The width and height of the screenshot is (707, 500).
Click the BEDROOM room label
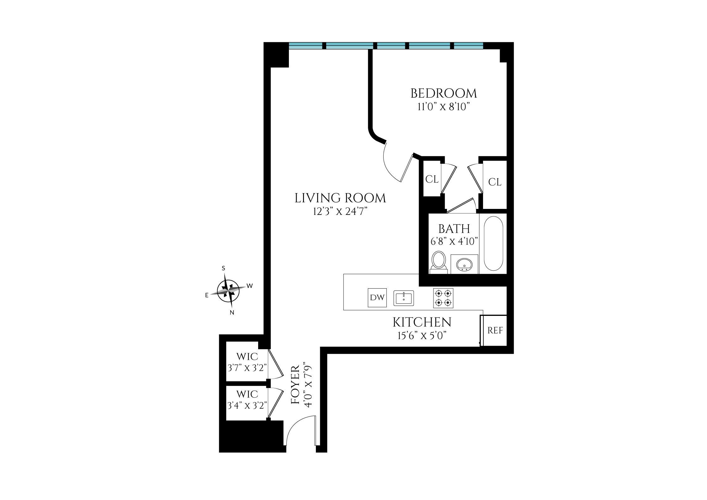click(x=444, y=93)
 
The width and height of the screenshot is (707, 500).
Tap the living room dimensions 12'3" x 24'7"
click(x=340, y=212)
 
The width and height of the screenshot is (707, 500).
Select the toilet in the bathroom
click(x=439, y=261)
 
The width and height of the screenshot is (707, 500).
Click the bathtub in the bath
click(x=493, y=243)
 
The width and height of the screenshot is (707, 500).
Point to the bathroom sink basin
click(x=464, y=264)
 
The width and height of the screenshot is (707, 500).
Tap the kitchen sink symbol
click(x=404, y=298)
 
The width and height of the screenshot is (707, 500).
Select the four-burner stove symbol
click(x=443, y=298)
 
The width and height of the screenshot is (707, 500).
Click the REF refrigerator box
click(x=495, y=331)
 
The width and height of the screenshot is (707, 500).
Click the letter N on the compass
click(x=232, y=312)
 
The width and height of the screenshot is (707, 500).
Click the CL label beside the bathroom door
click(x=432, y=179)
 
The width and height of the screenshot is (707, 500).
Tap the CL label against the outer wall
click(x=495, y=182)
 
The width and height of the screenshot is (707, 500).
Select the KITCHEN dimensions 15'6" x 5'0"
click(x=422, y=336)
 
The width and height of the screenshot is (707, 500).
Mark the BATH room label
click(x=454, y=229)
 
